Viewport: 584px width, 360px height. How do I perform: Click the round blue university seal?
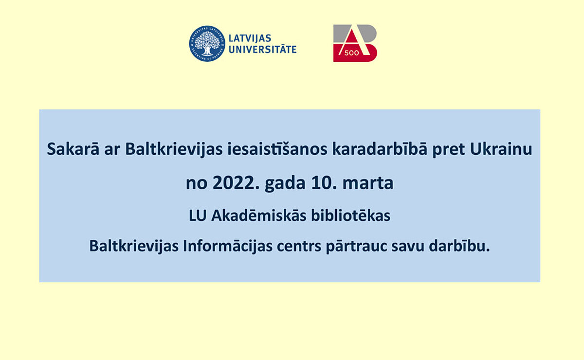click(x=207, y=43)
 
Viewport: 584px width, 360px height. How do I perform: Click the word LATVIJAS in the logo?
click(x=250, y=38)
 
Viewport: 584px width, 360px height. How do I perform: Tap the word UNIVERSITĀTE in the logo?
click(x=262, y=49)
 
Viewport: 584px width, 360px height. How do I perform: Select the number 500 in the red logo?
click(x=352, y=53)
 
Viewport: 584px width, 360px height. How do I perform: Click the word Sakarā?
click(x=73, y=149)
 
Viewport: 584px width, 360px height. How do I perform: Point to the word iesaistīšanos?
click(x=277, y=149)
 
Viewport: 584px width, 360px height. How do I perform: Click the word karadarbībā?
click(x=380, y=149)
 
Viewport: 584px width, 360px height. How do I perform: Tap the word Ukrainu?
click(x=501, y=149)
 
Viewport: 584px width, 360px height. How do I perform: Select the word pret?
click(x=448, y=150)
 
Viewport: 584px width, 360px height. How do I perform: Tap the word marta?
click(x=368, y=183)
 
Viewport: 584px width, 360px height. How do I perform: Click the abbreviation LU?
click(x=198, y=216)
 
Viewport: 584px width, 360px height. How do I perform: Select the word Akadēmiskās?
click(x=258, y=216)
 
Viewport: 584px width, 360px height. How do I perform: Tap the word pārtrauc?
click(x=356, y=247)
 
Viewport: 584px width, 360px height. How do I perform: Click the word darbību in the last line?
click(x=459, y=246)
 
